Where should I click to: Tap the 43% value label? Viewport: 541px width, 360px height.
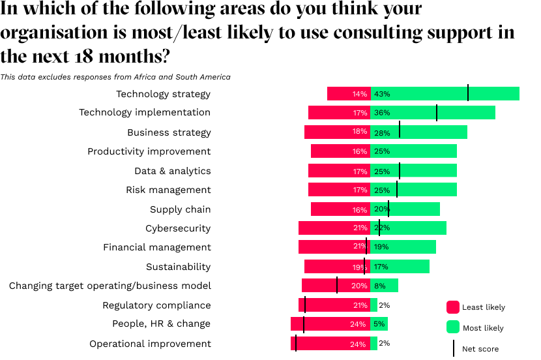click(382, 94)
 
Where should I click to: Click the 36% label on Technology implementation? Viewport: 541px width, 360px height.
click(382, 113)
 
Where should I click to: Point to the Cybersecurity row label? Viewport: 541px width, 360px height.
click(178, 228)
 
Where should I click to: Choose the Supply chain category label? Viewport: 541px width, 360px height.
click(180, 209)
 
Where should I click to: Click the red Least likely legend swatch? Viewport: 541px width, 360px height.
click(453, 307)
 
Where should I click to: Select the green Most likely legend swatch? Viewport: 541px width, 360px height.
click(453, 327)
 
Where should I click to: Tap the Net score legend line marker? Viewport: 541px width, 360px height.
click(454, 348)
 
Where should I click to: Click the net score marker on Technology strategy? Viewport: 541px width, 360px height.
click(468, 93)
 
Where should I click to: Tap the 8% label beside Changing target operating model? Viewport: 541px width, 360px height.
click(380, 286)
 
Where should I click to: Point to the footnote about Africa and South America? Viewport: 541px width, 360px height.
click(115, 77)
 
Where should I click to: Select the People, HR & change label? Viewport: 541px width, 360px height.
click(161, 323)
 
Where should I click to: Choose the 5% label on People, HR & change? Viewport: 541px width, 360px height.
click(379, 324)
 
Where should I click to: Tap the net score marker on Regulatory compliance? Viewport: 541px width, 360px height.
click(305, 305)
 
